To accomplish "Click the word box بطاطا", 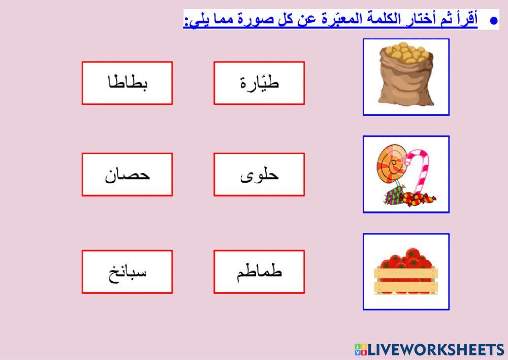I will coord(127,83).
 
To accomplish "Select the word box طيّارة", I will coord(259,83).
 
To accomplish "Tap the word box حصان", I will coord(127,174).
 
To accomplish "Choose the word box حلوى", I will coord(259,174).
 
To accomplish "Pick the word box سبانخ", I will coord(127,272).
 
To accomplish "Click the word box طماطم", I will coord(259,272).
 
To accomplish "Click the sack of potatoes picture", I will coord(406,76).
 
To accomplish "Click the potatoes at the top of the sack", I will coord(405,53).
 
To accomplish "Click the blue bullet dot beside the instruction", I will coord(492,21).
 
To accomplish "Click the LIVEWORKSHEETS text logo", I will coord(435,349).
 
